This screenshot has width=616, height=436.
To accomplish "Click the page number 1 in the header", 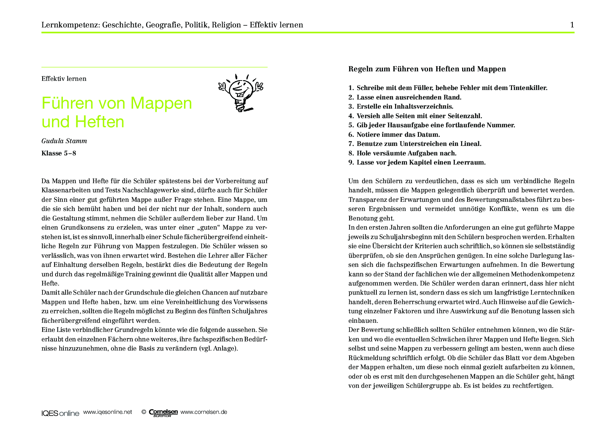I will (572, 25).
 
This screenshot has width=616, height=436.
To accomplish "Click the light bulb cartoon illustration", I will (241, 92).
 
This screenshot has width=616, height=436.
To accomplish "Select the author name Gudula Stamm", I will (64, 141).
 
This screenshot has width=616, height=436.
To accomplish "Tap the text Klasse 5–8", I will (59, 153).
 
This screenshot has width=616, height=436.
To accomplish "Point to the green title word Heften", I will (100, 122).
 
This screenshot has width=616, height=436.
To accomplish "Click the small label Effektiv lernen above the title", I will (64, 79).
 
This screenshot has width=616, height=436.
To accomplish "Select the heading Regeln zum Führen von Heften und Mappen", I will (427, 69).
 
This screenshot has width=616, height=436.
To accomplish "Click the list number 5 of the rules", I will (351, 125).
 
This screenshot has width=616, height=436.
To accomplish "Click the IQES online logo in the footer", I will (60, 413).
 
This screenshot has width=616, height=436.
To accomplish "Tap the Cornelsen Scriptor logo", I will (163, 413).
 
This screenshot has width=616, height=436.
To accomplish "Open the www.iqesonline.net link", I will (107, 412).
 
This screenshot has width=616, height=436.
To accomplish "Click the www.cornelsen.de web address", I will (204, 412).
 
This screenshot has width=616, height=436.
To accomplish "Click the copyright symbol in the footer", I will (144, 412).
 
